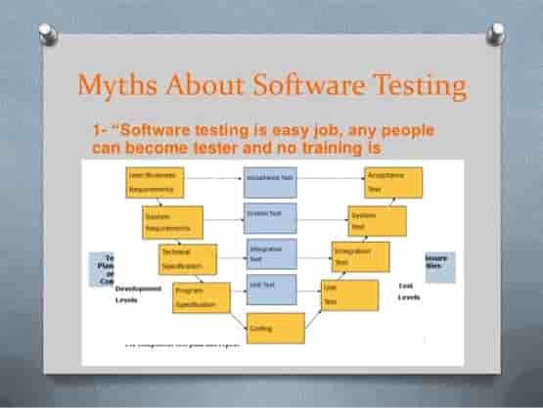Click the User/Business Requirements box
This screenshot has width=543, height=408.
coord(157,181)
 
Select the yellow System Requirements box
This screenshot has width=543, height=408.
coord(172,222)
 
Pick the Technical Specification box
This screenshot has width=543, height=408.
coord(188,258)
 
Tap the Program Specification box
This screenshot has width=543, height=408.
coord(201,297)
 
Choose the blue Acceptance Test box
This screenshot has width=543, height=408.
coord(269,181)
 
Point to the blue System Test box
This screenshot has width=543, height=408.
coord(269,213)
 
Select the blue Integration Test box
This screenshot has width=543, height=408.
coord(269,252)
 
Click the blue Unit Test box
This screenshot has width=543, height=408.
coord(269,287)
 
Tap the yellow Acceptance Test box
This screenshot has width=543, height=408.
coord(392,181)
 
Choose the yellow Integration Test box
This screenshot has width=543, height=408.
coord(360,256)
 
